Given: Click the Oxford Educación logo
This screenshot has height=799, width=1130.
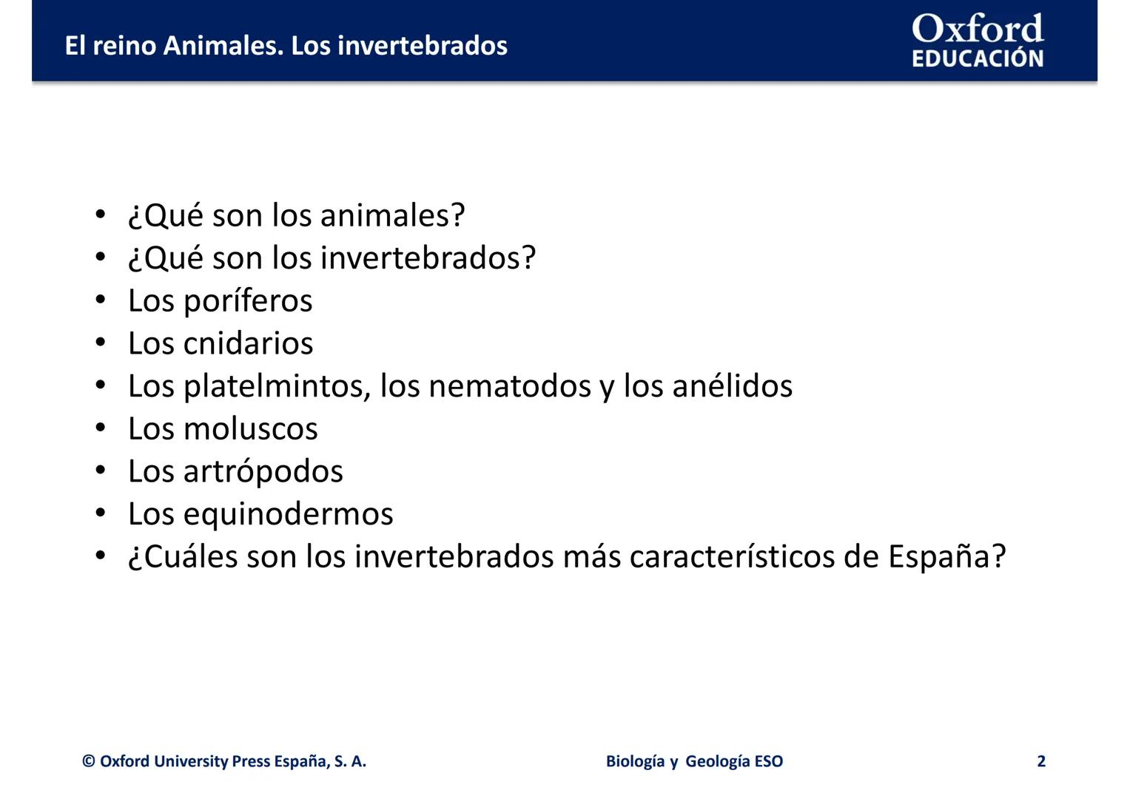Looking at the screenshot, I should point(977,41).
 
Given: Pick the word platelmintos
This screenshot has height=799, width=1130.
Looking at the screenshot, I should point(276,386).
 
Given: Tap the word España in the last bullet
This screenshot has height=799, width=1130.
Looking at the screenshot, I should point(939,557).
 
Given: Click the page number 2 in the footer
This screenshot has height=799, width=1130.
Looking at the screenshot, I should point(1041,761).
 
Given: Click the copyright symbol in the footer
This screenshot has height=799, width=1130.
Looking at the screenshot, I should point(89,761).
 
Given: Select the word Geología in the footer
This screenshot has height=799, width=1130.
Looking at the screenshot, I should point(717,761).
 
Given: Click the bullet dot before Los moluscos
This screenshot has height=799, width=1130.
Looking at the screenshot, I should point(101,428).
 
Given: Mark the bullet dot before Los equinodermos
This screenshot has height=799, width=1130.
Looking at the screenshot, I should point(101,513).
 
